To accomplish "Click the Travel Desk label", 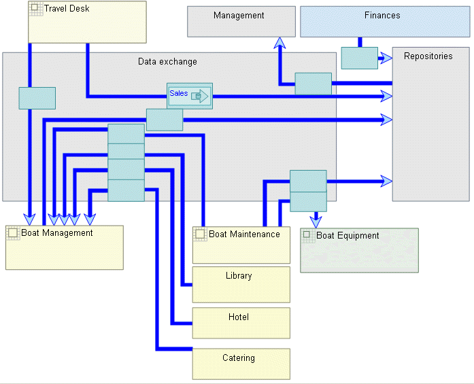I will coord(67,9).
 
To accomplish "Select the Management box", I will coord(241,21).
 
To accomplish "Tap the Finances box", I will coord(385,22).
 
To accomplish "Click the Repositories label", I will coord(428,56).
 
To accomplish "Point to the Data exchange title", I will coord(167,62).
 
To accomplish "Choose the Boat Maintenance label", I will coord(244,234).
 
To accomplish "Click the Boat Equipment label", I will coord(348,236).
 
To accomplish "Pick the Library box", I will coord(241,284).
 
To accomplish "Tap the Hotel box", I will coord(241,323).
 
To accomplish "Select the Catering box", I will coord(241,364).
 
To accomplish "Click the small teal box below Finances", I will coord(359,58).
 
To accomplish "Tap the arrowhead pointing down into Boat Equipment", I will coord(316,221).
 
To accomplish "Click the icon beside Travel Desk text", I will coord(35,9).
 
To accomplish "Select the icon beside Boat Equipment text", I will coord(307,235).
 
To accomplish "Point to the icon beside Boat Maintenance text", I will coord(200,234).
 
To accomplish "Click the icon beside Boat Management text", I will coord(13,232).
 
